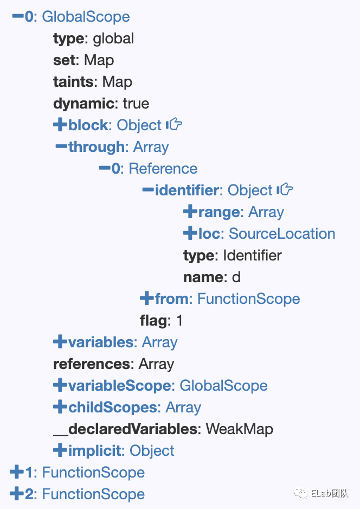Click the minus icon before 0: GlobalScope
tap(17, 16)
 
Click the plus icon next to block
tap(60, 125)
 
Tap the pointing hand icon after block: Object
tap(174, 125)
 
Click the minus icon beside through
tap(61, 147)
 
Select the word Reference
tap(163, 168)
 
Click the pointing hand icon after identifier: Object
tap(285, 190)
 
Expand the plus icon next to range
tap(190, 212)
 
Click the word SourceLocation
tap(282, 233)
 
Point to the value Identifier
tap(252, 255)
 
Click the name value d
tap(236, 277)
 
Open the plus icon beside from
tap(146, 298)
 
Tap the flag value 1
tap(179, 320)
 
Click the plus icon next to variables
tap(60, 342)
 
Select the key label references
tap(92, 364)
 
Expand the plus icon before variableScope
tap(60, 385)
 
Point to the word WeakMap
tap(239, 429)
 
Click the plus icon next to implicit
tap(60, 450)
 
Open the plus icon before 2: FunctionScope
tap(16, 494)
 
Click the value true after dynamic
tap(136, 103)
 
